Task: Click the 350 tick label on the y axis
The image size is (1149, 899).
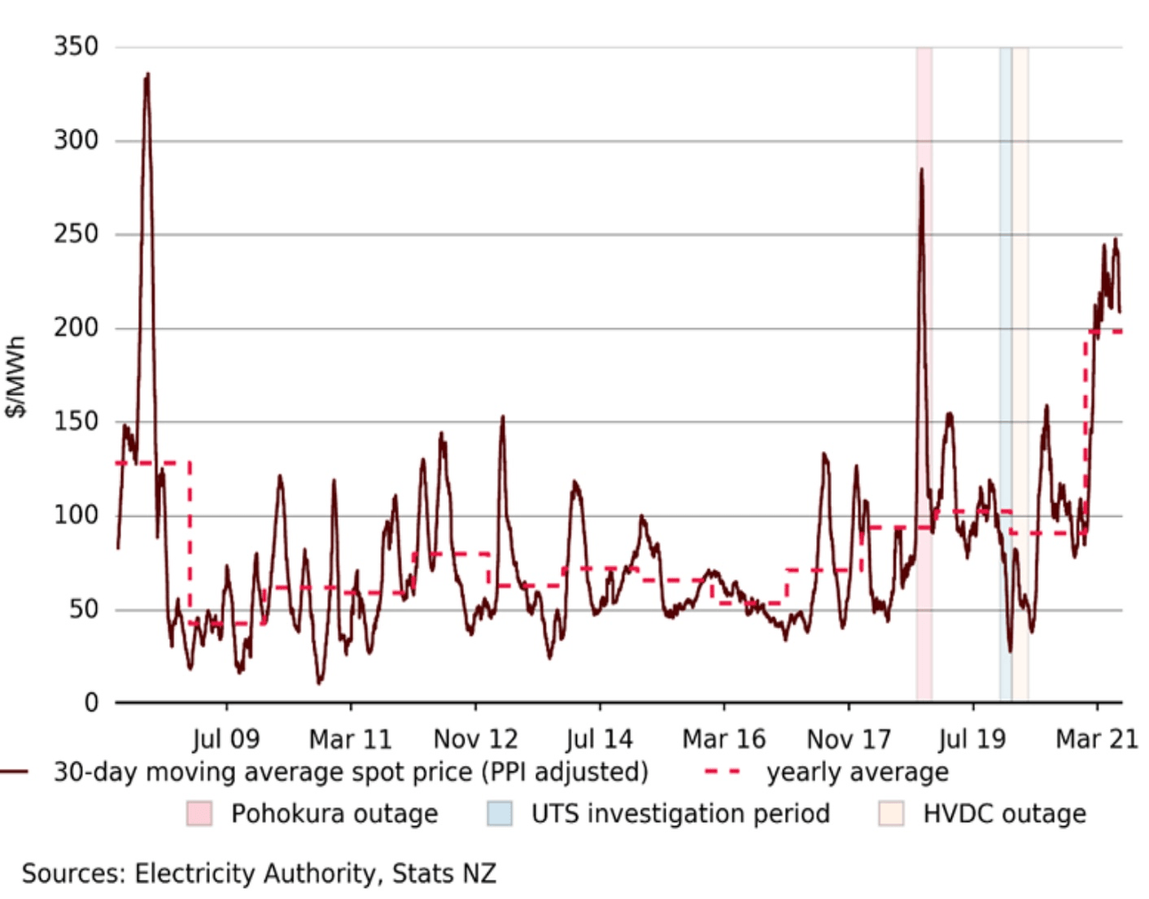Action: click(76, 46)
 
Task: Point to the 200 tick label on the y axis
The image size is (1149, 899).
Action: click(76, 328)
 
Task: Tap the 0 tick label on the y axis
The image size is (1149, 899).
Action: click(91, 703)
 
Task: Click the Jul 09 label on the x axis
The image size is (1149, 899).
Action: click(225, 739)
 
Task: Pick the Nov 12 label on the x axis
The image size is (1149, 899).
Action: click(475, 739)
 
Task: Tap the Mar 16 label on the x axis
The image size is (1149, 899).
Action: click(723, 739)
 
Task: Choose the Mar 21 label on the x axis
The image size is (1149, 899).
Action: click(1096, 739)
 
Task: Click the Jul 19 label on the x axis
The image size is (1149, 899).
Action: click(972, 739)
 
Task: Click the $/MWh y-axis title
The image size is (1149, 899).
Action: click(16, 376)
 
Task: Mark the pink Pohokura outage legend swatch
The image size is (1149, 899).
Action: click(199, 814)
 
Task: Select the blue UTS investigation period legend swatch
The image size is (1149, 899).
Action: click(500, 814)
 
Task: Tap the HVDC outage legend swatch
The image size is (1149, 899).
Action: click(891, 814)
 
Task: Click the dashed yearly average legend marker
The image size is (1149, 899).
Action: click(722, 772)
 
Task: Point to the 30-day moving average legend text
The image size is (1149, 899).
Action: click(351, 772)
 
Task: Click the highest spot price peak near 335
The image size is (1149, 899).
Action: click(147, 77)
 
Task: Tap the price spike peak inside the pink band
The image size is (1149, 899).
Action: click(921, 170)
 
